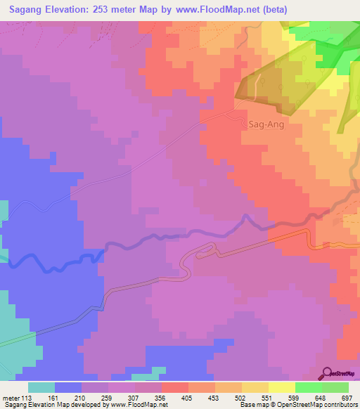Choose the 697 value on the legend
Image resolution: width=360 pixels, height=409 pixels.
tap(346, 397)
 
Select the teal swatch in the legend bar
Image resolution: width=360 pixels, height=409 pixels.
tap(41, 387)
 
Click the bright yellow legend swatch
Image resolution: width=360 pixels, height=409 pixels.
tap(281, 387)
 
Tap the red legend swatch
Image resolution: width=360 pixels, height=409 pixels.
tap(174, 387)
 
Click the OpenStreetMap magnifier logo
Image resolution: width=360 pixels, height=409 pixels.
tap(327, 372)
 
